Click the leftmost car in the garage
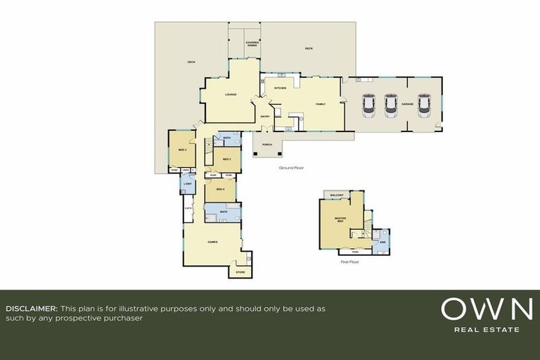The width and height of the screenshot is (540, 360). (368, 105)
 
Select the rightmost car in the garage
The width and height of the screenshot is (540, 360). (424, 105)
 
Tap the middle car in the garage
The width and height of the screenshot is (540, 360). (392, 105)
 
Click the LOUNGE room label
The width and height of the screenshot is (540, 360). (230, 94)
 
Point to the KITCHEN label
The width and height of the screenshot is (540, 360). (280, 88)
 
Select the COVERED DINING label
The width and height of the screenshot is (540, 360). (252, 44)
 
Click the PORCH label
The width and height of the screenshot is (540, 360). (266, 145)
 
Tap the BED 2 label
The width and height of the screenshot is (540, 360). (181, 149)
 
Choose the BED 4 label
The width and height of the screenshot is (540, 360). (220, 189)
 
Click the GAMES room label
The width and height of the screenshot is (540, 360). (212, 241)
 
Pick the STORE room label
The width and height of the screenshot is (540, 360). (240, 271)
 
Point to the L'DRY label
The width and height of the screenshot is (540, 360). (187, 184)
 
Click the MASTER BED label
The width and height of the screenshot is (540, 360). (340, 220)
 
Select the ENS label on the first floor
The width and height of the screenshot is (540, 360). (382, 243)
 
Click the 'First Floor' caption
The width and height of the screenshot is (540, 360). (349, 261)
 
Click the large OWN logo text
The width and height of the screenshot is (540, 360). (486, 310)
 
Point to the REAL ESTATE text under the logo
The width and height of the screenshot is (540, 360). (487, 329)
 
